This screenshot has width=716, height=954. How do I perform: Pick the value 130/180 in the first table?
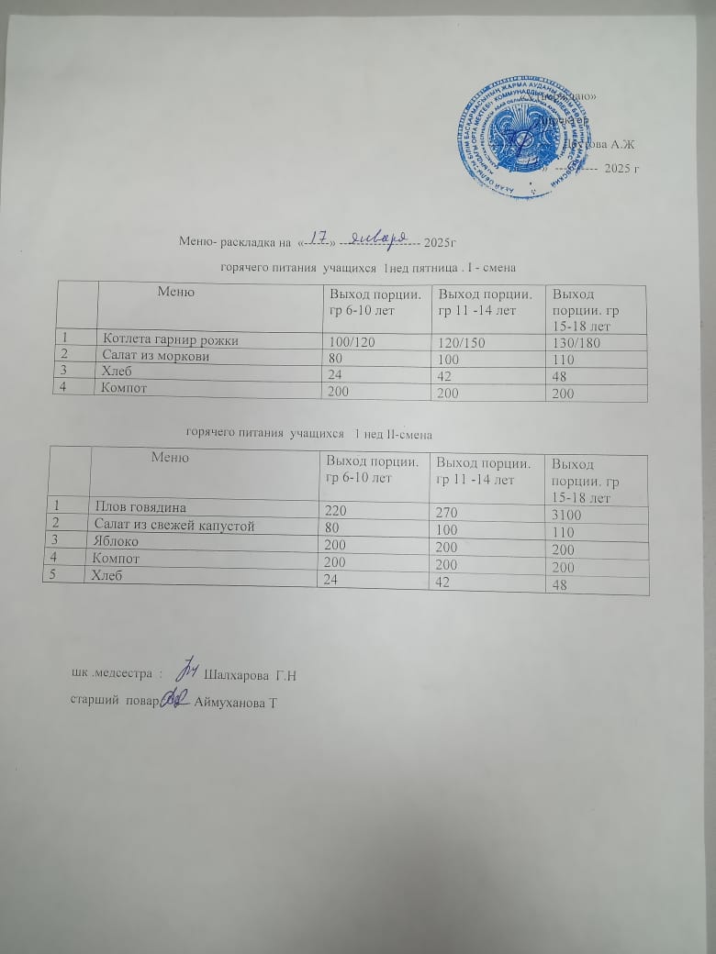point(575,342)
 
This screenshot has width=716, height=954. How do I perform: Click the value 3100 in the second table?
point(567,515)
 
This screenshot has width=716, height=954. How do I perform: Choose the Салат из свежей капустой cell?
point(175,524)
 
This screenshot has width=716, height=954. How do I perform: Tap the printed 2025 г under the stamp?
point(621,169)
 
